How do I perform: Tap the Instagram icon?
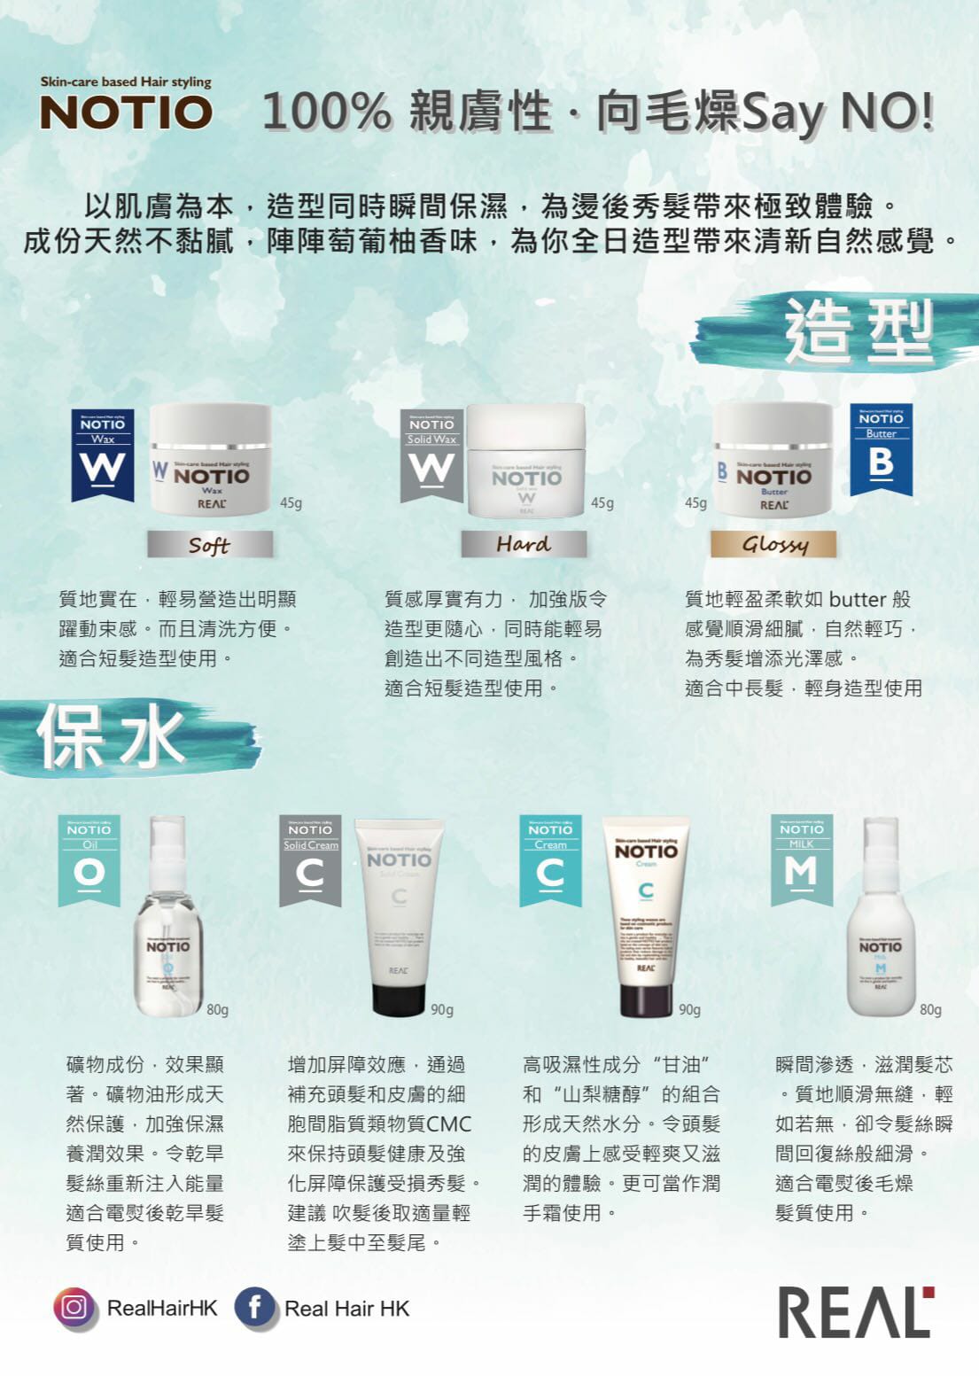tap(74, 1308)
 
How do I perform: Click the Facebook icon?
tap(254, 1308)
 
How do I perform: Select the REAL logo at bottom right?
tap(855, 1312)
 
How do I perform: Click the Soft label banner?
tap(210, 544)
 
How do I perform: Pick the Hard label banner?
tap(524, 543)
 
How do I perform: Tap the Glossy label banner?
tap(773, 543)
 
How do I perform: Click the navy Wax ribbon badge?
tap(103, 454)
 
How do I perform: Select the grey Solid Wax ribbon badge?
tap(431, 455)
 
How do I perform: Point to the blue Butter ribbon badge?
tap(881, 449)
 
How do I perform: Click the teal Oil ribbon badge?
tap(89, 859)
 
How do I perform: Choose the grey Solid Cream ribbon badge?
tap(310, 859)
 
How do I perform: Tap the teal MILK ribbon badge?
tap(801, 859)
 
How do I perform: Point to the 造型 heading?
tap(858, 330)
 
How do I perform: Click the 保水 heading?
tap(111, 736)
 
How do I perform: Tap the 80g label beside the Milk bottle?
tap(930, 1009)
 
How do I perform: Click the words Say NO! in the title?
tap(836, 113)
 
